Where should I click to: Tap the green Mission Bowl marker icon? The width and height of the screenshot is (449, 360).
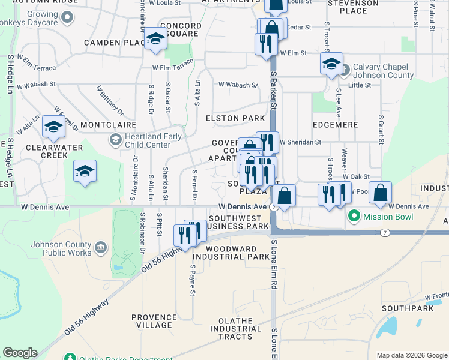point(354,216)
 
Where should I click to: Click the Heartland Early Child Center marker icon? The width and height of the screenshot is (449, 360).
point(115,140)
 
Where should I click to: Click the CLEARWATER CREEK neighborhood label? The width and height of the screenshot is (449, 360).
point(46,151)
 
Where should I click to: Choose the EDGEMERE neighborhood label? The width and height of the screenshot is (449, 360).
point(335,125)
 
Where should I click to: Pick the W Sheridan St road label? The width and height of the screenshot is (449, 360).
point(300,142)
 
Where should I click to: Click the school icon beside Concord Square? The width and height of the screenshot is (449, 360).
point(155,40)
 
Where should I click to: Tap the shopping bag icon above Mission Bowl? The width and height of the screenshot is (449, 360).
point(380,193)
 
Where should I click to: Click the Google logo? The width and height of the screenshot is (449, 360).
point(20,353)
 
